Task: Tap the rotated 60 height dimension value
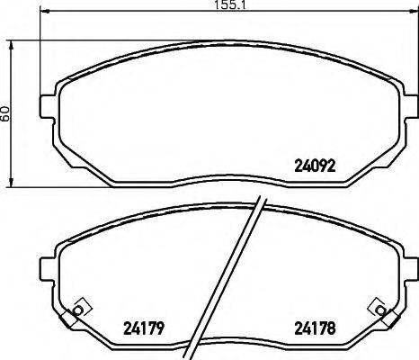coord(6,113)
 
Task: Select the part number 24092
coord(315,165)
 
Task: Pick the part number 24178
coord(315,327)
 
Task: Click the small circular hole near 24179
coord(78,310)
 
